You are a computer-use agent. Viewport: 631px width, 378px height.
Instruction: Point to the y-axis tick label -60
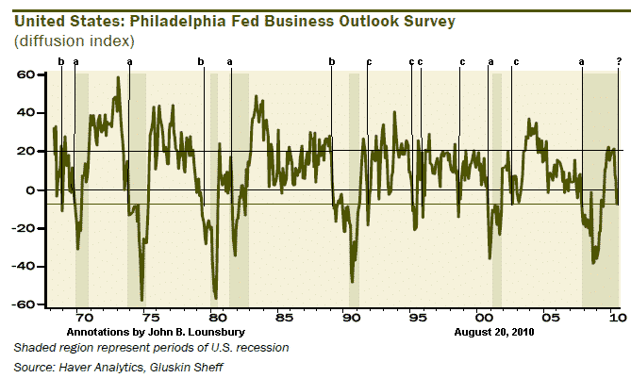26,304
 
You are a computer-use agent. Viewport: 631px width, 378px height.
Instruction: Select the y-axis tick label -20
26,228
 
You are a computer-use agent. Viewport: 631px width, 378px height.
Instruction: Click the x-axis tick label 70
83,317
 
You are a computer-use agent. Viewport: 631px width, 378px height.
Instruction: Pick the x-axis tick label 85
284,317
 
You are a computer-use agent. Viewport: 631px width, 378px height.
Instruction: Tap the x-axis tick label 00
484,317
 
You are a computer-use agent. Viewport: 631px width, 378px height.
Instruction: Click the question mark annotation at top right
619,61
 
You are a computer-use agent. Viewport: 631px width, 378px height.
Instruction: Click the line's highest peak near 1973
118,77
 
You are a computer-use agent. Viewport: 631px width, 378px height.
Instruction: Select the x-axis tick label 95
418,317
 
